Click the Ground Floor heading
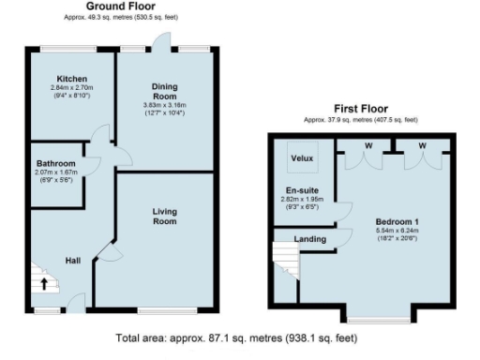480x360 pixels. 121,6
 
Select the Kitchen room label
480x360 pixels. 71,78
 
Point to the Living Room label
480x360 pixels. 165,217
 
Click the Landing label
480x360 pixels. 310,238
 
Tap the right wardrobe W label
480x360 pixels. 422,145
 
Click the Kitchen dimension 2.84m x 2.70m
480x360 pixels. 71,87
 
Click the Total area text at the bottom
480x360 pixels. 241,337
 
